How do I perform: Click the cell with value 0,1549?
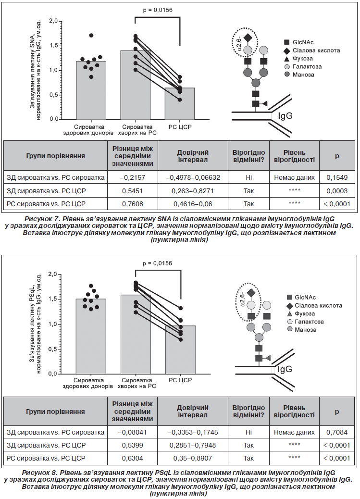(337, 177)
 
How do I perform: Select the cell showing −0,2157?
(132, 177)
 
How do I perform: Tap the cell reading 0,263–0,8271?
(193, 191)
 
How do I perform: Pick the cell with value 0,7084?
(337, 432)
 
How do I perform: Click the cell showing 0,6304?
(132, 458)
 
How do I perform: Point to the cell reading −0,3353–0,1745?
(193, 432)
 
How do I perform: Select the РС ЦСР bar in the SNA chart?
(180, 103)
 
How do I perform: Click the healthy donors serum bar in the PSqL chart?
(91, 337)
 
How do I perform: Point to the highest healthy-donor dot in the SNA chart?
(91, 35)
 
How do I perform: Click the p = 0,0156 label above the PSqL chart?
(157, 263)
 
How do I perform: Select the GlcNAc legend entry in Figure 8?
(301, 297)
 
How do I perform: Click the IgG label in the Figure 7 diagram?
(285, 115)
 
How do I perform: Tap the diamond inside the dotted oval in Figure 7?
(248, 38)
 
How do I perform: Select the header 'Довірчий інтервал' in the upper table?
(193, 156)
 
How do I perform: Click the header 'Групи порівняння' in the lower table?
(55, 412)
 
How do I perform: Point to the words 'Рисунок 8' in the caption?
(40, 473)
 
